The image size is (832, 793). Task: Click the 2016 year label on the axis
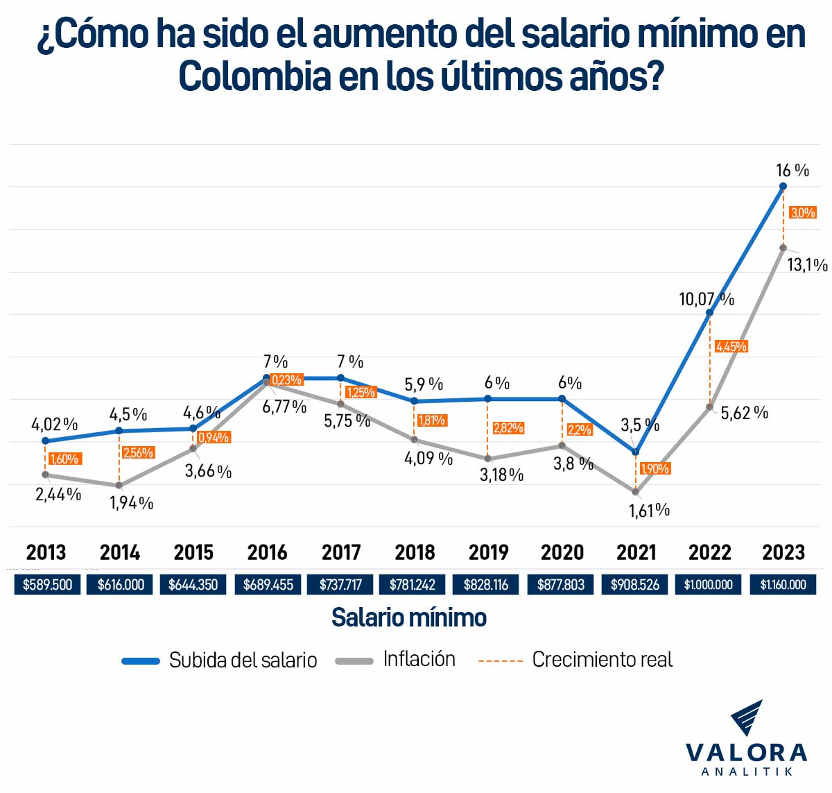coord(267,552)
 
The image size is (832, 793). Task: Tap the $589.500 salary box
coord(47,584)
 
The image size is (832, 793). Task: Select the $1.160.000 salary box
coord(783,584)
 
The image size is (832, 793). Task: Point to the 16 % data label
coord(792,171)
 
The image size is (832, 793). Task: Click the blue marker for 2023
coord(783,186)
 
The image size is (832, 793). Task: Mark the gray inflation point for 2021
coord(636,492)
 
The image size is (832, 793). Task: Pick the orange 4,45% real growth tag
coord(731,346)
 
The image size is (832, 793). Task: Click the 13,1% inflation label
coord(807,265)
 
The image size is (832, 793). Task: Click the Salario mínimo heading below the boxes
coord(409,617)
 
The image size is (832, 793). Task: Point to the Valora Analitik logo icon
coord(747,718)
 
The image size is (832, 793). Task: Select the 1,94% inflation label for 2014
coord(131,503)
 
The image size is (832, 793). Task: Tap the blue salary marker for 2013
coord(45,441)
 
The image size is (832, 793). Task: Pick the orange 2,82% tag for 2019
coord(508,428)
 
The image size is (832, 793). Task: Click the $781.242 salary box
coord(413,584)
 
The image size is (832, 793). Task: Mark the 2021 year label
coord(636,552)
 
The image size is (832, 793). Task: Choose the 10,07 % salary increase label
coord(706,299)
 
